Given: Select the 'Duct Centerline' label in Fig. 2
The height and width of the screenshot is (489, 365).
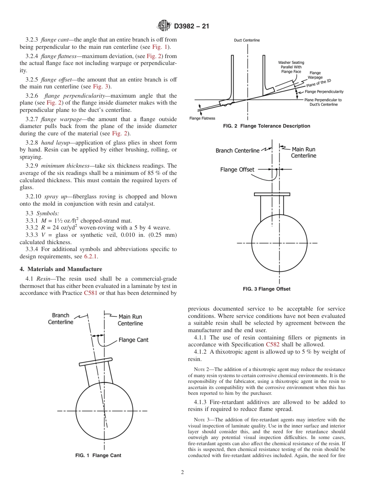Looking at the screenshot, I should (247, 40).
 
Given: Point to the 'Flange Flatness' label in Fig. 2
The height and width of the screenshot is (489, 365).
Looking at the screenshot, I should (202, 118).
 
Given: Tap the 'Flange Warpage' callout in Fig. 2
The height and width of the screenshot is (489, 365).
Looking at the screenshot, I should (315, 75).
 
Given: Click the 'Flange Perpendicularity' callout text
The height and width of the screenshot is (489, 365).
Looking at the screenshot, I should (324, 92).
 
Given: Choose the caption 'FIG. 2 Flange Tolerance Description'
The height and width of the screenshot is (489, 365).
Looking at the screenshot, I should (267, 126).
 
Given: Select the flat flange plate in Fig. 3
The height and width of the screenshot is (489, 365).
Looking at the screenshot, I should (272, 195).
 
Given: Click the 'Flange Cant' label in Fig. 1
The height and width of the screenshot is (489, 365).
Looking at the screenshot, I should (133, 340).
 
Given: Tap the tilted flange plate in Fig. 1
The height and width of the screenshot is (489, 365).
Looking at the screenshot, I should (96, 362).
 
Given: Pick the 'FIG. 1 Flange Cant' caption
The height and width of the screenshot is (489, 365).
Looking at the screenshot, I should (98, 456).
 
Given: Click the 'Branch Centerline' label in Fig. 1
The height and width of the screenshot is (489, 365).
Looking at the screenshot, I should (61, 319).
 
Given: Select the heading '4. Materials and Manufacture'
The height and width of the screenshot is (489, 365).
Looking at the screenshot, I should (61, 269).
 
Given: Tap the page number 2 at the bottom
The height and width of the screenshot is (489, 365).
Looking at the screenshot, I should (182, 472).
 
